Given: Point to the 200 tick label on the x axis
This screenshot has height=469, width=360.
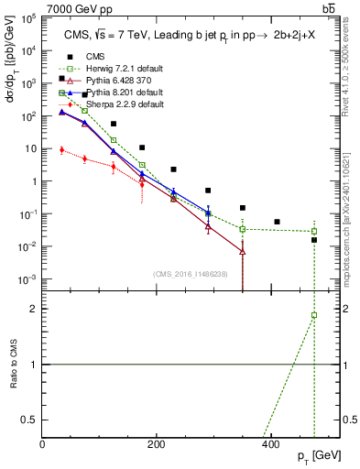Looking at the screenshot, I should pyautogui.click(x=156, y=444).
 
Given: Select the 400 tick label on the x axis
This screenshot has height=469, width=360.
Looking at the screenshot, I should pyautogui.click(x=270, y=444).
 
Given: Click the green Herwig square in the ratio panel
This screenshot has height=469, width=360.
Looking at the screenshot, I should pyautogui.click(x=314, y=315).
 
